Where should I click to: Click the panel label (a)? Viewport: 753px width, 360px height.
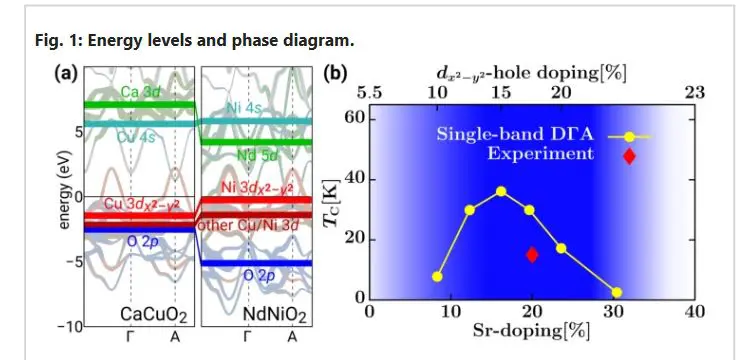tap(68, 73)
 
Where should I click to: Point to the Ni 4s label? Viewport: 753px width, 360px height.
tap(245, 106)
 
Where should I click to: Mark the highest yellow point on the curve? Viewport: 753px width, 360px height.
tap(501, 191)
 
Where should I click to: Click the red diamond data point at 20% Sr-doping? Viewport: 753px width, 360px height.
tap(532, 254)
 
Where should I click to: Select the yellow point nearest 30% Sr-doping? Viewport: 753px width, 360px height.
tap(616, 292)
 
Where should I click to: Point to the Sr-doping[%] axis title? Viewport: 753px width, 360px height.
tap(532, 331)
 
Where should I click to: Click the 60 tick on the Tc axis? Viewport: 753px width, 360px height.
tap(354, 119)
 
